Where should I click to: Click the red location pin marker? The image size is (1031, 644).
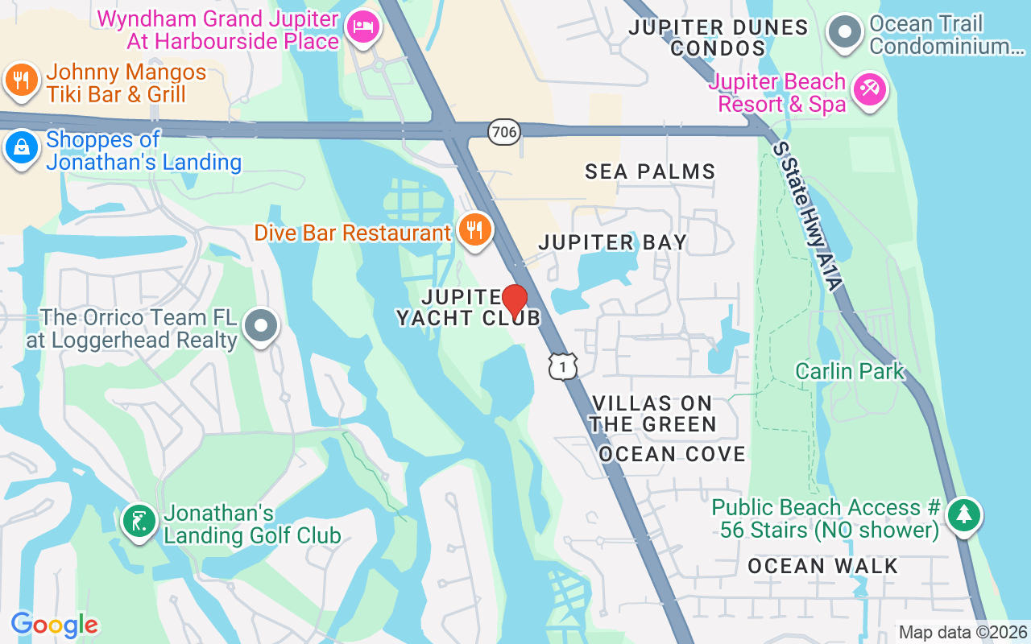[x=515, y=301]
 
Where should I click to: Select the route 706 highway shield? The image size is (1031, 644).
[x=503, y=131]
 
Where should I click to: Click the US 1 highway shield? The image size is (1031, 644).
[x=562, y=366]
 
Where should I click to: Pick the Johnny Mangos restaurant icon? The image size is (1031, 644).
[x=21, y=80]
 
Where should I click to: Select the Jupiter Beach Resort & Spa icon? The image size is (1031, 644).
[x=869, y=89]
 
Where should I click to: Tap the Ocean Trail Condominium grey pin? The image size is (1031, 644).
[x=845, y=33]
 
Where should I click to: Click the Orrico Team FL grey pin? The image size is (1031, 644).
[x=260, y=326]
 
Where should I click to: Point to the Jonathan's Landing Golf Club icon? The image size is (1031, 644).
[x=139, y=521]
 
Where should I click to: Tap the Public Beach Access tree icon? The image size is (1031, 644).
[x=963, y=514]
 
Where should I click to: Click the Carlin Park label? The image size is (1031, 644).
[x=850, y=371]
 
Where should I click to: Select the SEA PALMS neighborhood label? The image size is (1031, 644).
[x=650, y=171]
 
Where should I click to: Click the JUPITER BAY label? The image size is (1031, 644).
[x=612, y=242]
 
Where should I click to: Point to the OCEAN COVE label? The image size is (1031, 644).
[x=672, y=454]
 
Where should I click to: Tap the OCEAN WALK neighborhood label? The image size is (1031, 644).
[x=822, y=566]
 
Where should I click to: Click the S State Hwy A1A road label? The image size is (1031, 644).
[x=807, y=216]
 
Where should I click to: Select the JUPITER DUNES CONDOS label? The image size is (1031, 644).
[x=718, y=38]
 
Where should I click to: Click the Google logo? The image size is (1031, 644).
[x=55, y=625]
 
